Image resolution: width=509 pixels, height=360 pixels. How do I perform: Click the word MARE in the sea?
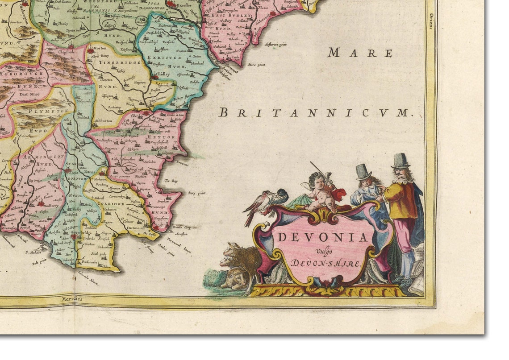[360, 53]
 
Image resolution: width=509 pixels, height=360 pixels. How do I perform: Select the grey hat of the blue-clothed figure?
[363, 171]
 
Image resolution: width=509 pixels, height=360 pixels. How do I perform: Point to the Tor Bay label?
[171, 181]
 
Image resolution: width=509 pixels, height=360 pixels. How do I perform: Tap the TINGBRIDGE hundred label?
[109, 66]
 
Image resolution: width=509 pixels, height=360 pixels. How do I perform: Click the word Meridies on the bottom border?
[72, 298]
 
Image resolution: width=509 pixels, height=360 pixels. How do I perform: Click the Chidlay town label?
[163, 74]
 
